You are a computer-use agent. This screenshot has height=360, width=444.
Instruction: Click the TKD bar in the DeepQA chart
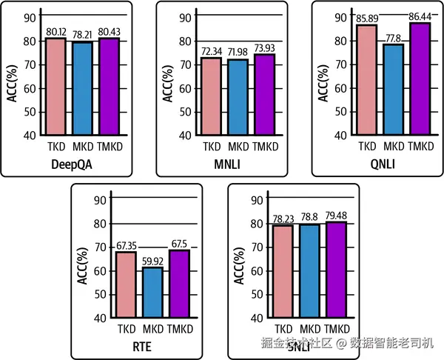point(56,86)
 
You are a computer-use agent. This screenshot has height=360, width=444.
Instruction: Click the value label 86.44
point(420,16)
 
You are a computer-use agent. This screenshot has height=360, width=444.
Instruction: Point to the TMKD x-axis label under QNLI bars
point(420,146)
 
